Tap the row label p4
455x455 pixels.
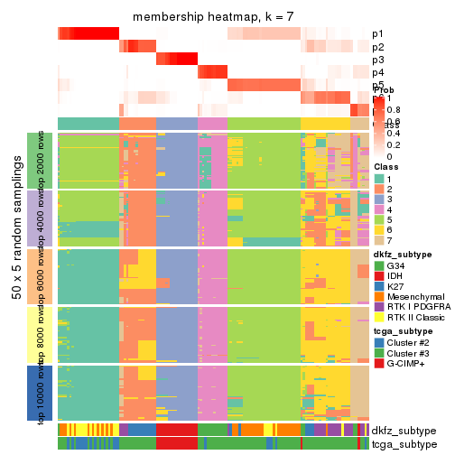click(x=377, y=72)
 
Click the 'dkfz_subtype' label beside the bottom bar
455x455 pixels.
click(x=403, y=431)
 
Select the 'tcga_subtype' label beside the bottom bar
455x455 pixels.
click(x=403, y=443)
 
